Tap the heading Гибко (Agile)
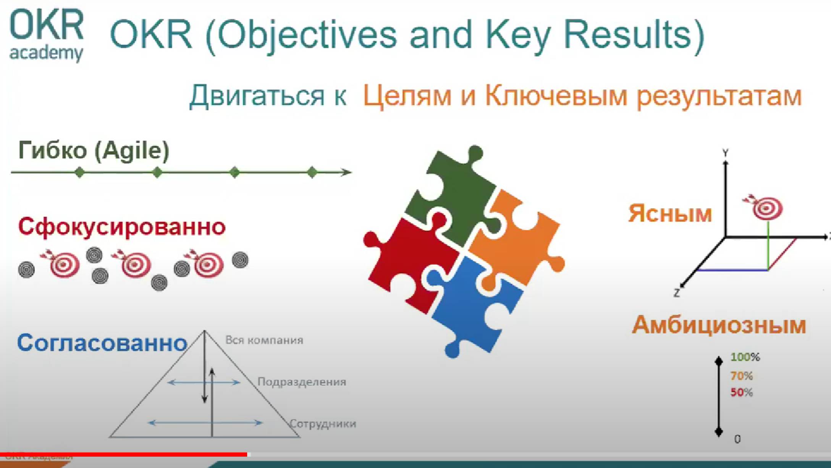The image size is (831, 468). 94,150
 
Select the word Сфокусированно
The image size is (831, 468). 122,227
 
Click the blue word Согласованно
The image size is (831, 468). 102,343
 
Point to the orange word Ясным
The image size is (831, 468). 670,213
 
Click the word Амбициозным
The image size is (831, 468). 719,326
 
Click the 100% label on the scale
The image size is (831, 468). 745,357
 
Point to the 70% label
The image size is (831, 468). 741,376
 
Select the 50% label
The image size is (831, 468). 741,393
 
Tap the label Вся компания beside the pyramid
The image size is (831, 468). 264,340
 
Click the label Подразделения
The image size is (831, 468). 302,382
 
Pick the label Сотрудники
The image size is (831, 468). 323,424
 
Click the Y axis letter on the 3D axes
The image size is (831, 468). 726,153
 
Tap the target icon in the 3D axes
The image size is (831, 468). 767,208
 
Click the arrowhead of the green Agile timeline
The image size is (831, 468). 346,172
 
